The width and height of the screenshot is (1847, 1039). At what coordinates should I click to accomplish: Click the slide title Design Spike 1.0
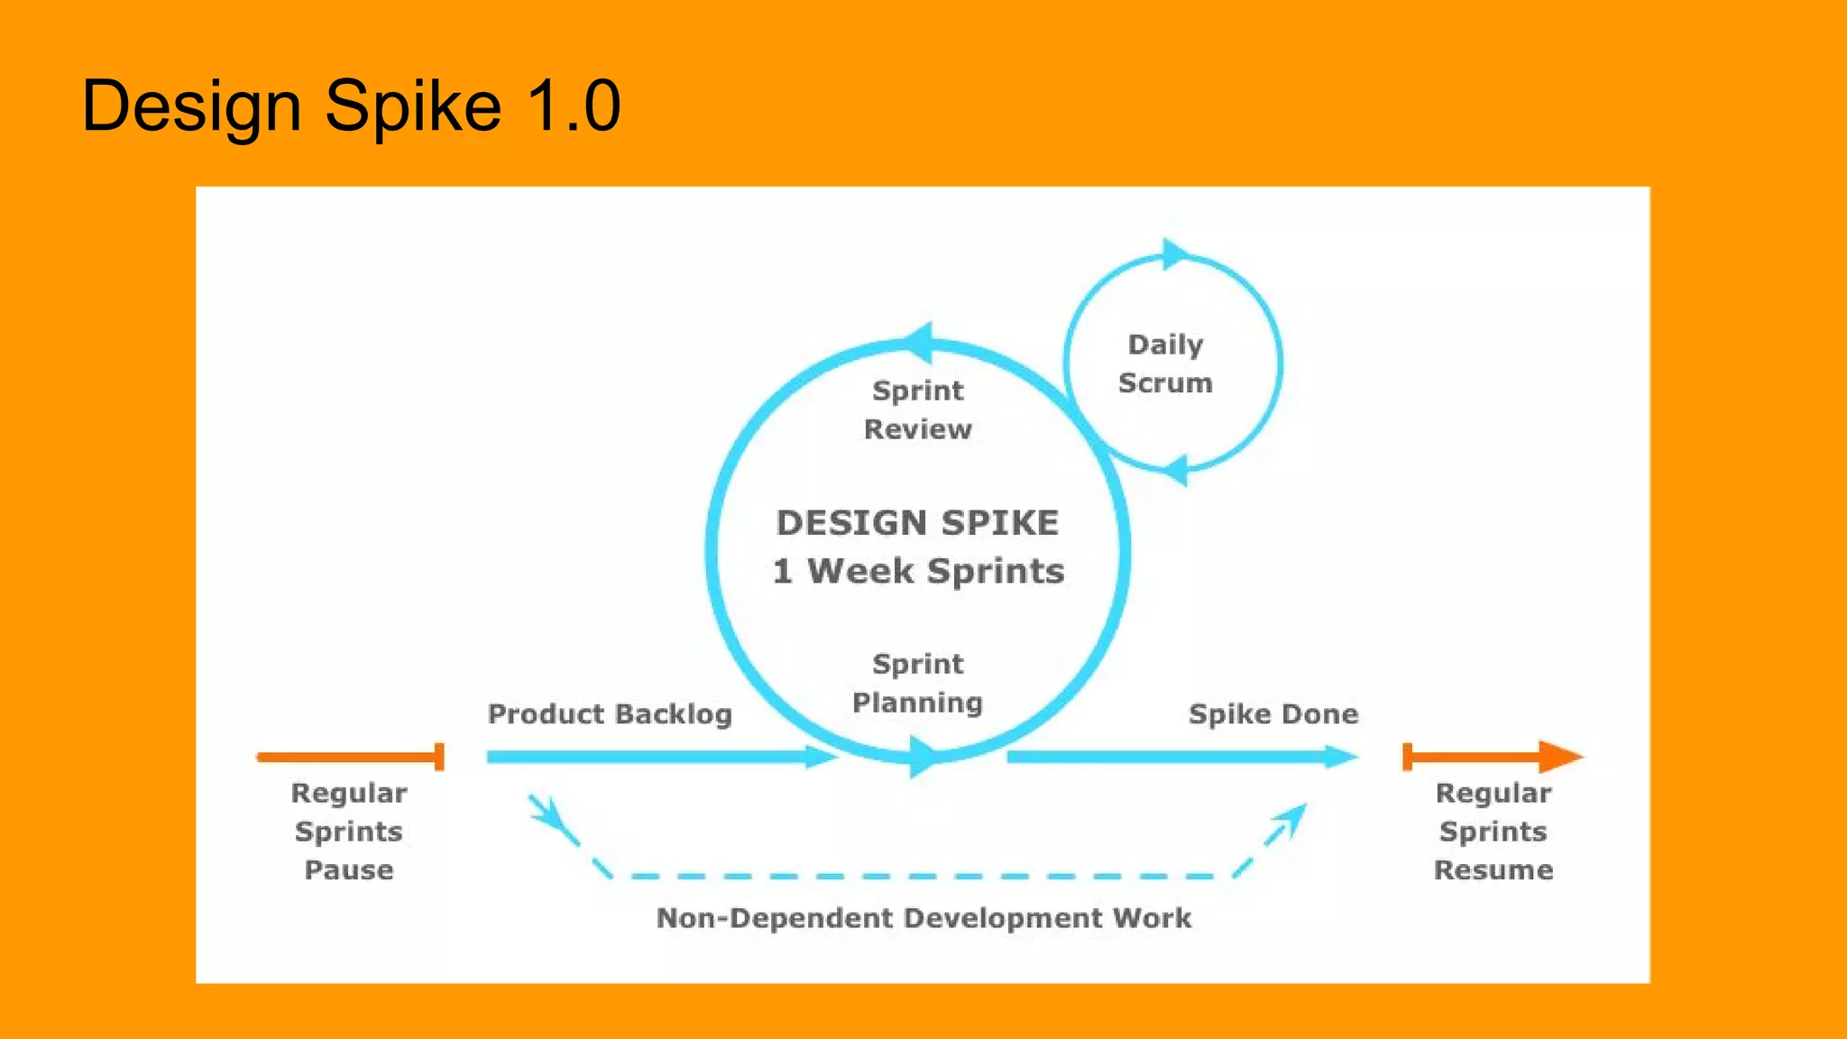point(351,106)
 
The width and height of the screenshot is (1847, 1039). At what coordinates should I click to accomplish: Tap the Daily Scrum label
point(1165,363)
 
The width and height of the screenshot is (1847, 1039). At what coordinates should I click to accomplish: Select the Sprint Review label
point(917,409)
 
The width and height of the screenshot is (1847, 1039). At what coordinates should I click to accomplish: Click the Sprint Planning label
point(917,683)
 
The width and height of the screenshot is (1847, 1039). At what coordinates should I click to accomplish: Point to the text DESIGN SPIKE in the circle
point(917,523)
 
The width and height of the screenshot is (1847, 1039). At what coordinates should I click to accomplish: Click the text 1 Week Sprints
point(918,571)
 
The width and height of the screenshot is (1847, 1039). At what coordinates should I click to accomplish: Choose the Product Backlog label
point(610,714)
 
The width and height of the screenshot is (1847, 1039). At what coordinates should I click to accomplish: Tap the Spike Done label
point(1273,714)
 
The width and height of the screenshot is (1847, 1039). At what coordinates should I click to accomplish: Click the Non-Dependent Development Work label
point(923,918)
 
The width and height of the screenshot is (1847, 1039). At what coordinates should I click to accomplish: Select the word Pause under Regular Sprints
point(349,870)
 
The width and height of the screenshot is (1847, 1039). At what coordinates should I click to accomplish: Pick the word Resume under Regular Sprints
point(1493,870)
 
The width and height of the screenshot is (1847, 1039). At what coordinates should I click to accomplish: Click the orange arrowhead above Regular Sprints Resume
point(1560,757)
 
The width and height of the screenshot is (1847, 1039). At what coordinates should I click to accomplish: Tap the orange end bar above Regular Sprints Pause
point(439,757)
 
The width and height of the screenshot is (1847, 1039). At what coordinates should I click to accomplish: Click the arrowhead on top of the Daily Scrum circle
point(1174,254)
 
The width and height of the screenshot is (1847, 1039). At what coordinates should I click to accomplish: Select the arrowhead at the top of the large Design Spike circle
point(919,343)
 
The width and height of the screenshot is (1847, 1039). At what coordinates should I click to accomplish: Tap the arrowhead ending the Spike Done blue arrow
point(1341,757)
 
